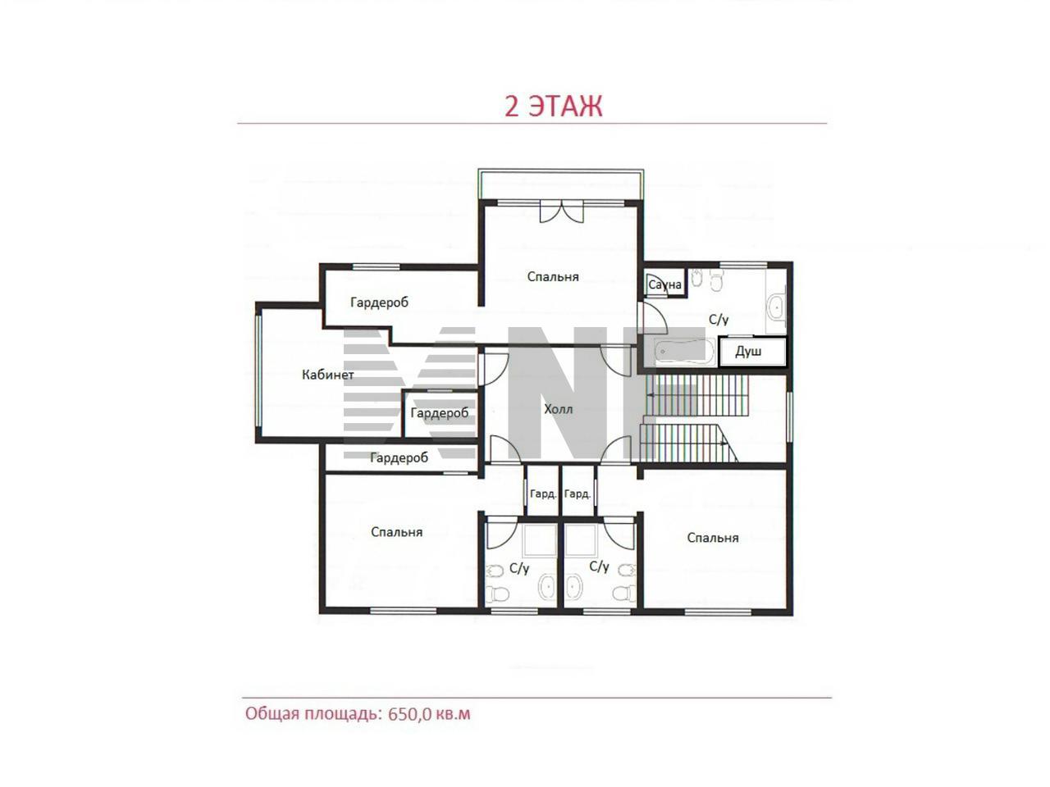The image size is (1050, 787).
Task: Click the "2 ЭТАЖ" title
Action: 553,106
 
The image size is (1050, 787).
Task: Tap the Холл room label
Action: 559,409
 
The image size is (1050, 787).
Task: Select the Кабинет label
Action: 327,375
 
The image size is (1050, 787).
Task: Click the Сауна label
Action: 664,284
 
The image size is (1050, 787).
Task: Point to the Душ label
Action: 748,352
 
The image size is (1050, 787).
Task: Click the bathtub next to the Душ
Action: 685,353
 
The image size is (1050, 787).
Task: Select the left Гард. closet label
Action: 543,494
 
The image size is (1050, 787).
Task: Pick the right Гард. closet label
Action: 577,494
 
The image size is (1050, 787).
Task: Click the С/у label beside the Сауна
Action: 719,319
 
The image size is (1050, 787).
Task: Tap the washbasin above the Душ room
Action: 775,307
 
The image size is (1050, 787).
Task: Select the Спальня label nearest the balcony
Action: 553,276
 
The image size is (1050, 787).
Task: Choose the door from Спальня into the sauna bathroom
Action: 652,318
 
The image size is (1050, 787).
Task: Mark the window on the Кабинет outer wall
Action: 258,371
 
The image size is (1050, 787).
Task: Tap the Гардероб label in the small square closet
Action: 440,413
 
